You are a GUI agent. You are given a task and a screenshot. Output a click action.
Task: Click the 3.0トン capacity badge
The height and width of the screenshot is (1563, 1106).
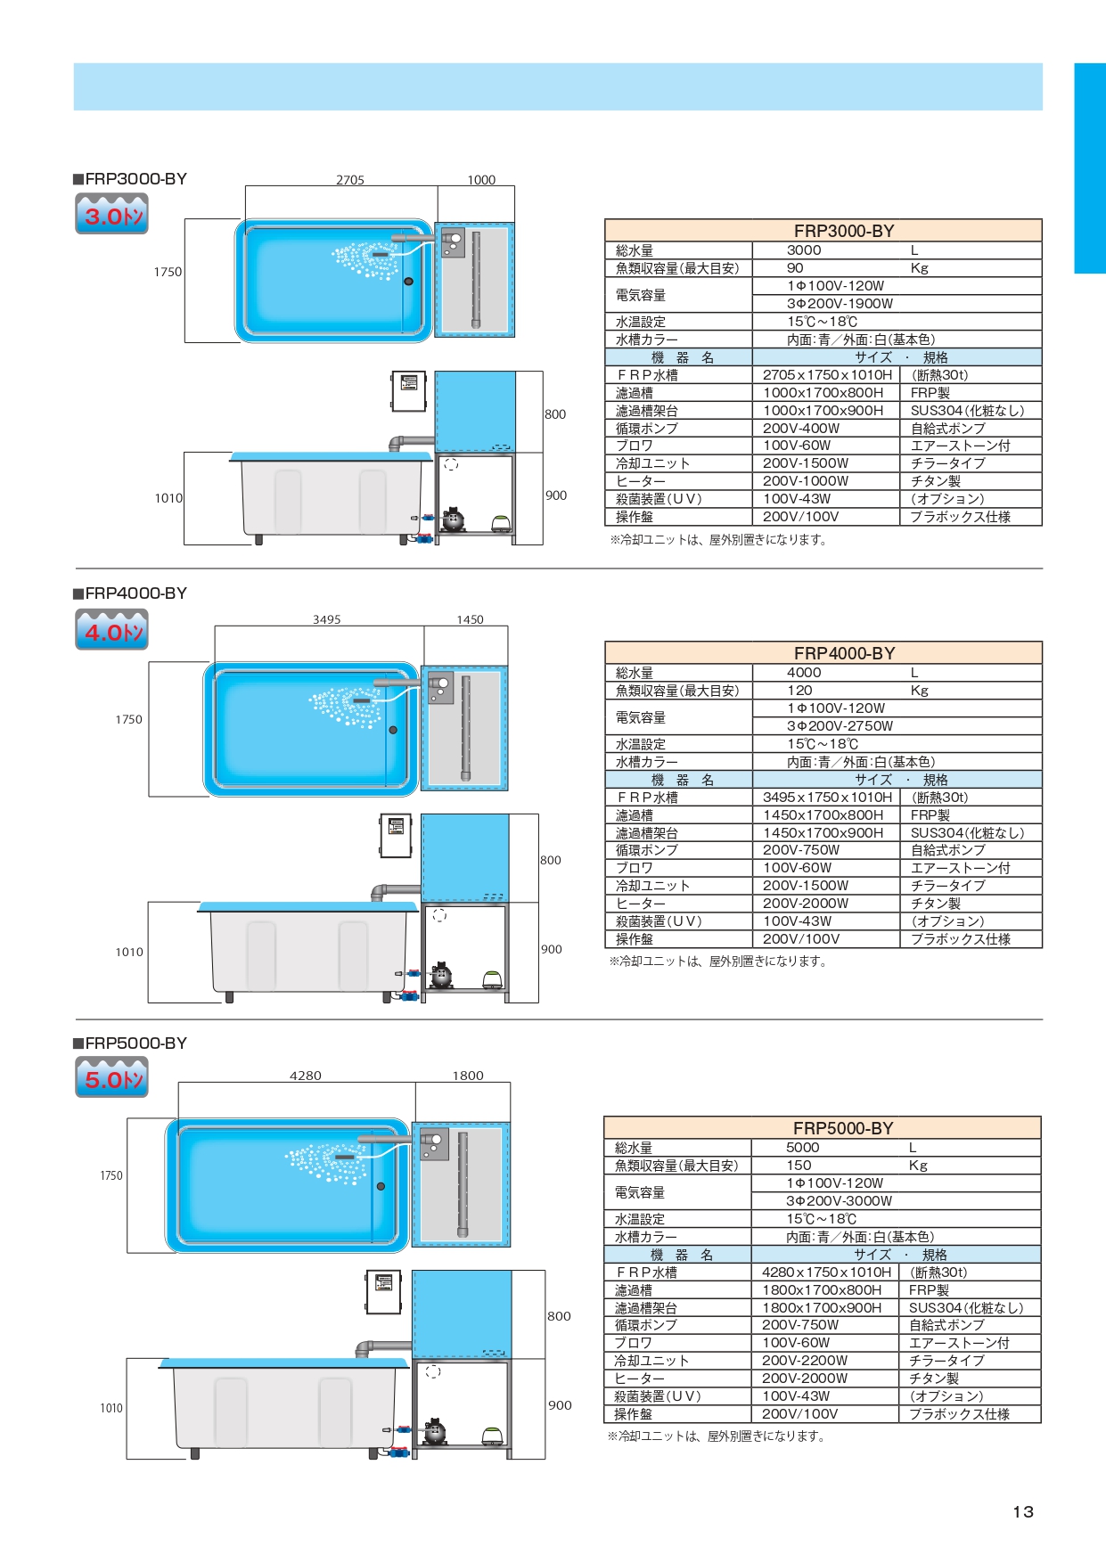(111, 215)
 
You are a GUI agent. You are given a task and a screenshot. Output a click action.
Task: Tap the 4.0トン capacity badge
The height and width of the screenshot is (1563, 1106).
(111, 631)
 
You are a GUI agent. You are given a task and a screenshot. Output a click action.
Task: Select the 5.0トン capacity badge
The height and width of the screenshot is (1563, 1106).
(111, 1078)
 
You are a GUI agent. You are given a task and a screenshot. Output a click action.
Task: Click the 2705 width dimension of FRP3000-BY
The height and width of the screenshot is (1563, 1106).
(350, 180)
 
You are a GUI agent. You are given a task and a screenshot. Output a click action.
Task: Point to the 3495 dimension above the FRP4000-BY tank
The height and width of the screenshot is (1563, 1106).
(326, 619)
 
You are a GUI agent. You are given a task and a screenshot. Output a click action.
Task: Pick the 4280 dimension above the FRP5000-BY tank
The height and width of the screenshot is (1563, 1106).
(305, 1076)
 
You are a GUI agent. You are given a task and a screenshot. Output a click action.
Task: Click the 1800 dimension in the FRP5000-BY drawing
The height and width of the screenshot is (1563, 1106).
(468, 1076)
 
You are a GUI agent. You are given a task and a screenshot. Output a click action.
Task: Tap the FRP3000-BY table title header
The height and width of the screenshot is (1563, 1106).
(843, 231)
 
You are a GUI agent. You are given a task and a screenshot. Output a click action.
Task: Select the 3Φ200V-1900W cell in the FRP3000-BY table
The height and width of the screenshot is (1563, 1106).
(840, 304)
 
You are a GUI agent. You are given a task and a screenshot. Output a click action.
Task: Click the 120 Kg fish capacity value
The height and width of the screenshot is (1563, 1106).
(800, 691)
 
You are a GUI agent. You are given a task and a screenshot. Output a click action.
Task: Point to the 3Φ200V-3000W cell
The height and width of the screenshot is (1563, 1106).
(839, 1201)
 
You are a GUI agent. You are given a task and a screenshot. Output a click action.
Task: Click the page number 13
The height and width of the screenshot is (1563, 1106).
(1023, 1511)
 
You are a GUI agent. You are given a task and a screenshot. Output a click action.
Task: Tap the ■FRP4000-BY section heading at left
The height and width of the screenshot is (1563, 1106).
(130, 593)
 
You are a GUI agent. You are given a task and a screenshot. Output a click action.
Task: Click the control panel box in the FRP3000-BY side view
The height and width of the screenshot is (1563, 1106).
(409, 391)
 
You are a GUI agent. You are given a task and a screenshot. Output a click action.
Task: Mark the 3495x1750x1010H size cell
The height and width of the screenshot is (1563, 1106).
(827, 798)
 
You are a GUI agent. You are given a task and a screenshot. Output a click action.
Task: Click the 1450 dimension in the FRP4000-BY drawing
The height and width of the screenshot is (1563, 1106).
(470, 619)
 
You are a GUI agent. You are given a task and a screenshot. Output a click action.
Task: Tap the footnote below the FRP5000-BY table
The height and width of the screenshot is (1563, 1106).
(716, 1436)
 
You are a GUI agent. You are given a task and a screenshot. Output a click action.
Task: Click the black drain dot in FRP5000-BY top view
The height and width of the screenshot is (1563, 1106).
(381, 1186)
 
